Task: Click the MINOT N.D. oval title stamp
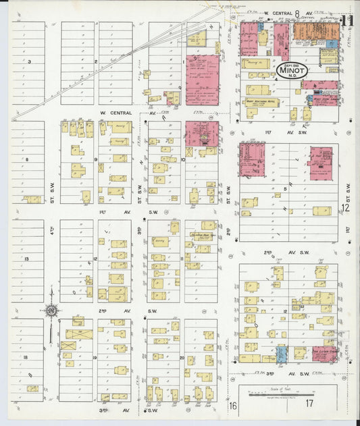[292, 70]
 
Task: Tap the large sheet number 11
[348, 21]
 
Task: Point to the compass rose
[51, 311]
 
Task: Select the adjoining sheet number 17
[309, 405]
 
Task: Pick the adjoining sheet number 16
[233, 405]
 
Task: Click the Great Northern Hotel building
[261, 102]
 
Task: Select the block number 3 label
[29, 61]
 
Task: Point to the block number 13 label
[26, 259]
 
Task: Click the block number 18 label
[26, 356]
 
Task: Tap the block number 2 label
[97, 61]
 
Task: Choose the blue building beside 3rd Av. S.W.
[282, 353]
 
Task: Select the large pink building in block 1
[203, 80]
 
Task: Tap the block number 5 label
[286, 190]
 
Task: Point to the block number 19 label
[95, 357]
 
